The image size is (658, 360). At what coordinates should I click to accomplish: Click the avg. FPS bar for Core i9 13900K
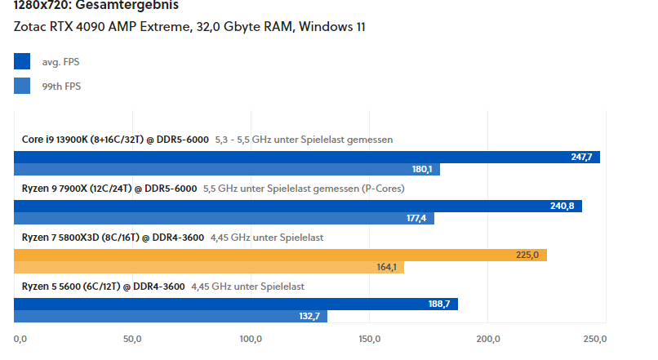point(307,158)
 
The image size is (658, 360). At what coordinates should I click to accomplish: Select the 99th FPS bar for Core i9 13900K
point(227,170)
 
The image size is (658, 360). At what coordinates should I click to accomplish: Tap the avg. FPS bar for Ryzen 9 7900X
point(299,207)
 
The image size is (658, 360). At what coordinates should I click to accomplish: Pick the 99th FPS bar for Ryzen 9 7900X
point(224,219)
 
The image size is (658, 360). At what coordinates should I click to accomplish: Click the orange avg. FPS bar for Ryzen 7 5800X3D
point(280,256)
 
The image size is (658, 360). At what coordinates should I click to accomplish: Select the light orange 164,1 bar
point(208,268)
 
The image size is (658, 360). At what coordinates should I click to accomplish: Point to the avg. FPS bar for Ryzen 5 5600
point(236,304)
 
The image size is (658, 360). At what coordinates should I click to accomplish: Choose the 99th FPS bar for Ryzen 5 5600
point(171,316)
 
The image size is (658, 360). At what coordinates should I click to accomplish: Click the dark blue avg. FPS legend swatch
point(22,61)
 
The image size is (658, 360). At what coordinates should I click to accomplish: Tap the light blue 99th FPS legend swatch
point(22,86)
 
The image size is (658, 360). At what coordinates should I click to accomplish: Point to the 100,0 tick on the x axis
point(251,339)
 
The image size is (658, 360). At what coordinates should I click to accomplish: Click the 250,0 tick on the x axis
point(595,339)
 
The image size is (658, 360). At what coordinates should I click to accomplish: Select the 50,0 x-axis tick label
point(132,339)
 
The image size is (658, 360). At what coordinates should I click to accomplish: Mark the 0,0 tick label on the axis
point(21,339)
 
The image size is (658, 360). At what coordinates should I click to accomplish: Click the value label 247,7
point(582,158)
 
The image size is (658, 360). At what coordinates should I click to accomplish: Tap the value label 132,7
point(309,316)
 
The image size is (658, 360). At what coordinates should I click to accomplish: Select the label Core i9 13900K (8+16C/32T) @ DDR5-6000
point(115,140)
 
